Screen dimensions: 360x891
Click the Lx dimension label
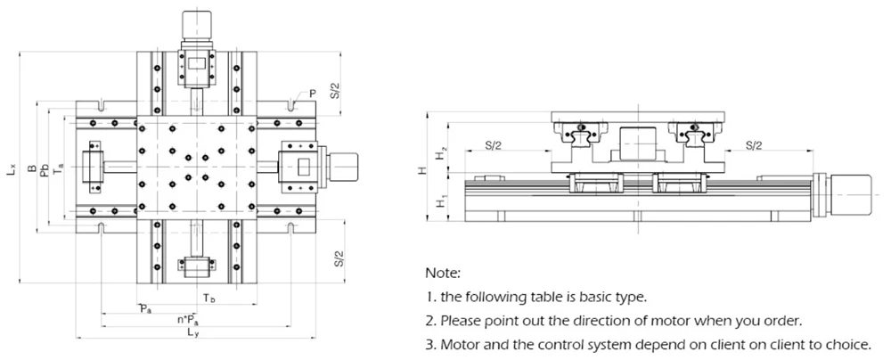click(11, 168)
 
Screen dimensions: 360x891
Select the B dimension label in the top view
click(30, 168)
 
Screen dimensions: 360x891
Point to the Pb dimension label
click(45, 168)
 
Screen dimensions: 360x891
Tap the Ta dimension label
click(59, 168)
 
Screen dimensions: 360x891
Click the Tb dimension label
click(207, 297)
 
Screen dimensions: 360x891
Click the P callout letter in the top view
click(313, 93)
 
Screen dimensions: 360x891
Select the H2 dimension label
click(440, 154)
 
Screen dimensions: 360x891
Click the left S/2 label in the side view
click(499, 144)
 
